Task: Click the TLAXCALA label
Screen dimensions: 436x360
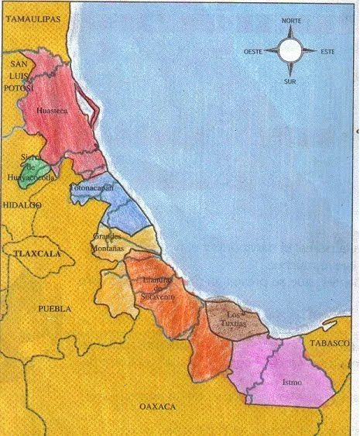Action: pyautogui.click(x=30, y=252)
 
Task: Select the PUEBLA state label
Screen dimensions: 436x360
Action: pyautogui.click(x=55, y=307)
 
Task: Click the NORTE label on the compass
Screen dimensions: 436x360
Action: pyautogui.click(x=291, y=21)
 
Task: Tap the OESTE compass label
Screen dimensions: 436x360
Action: pyautogui.click(x=255, y=53)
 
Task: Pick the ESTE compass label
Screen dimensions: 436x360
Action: pyautogui.click(x=328, y=53)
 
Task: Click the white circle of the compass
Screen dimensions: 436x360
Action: pyautogui.click(x=291, y=51)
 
